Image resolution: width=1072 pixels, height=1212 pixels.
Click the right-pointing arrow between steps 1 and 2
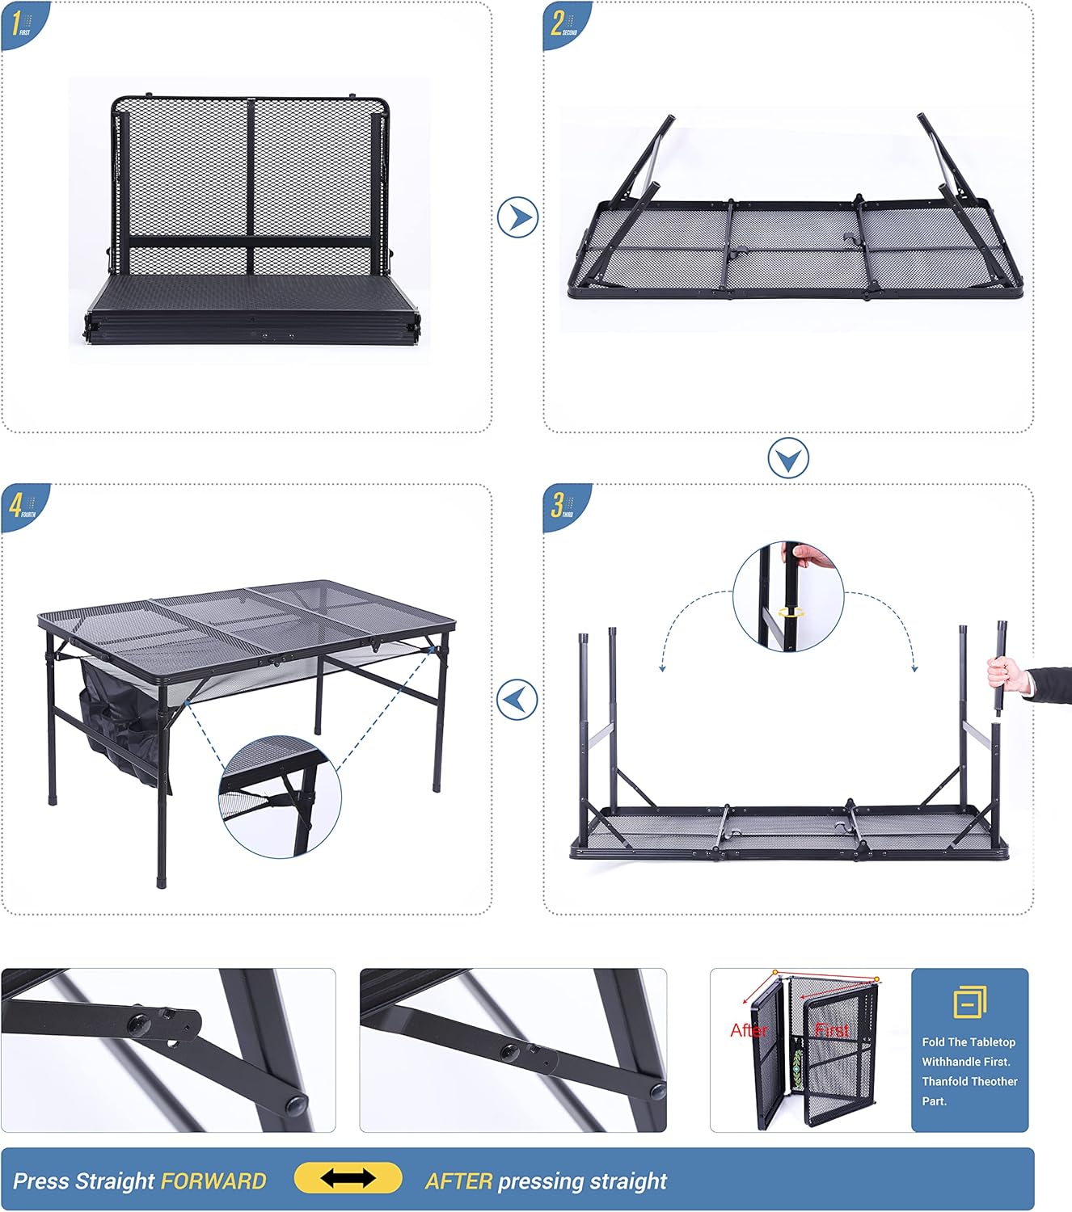[x=517, y=217]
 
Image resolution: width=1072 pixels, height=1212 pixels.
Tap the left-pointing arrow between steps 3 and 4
[x=517, y=700]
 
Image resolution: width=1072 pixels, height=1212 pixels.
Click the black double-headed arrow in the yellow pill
[x=348, y=1178]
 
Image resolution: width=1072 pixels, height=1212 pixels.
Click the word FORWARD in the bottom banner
[x=213, y=1181]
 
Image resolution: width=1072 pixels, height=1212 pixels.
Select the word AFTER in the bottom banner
[x=458, y=1181]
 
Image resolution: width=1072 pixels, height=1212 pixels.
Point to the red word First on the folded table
[x=833, y=1030]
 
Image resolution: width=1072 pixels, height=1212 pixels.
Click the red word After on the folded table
[x=749, y=1030]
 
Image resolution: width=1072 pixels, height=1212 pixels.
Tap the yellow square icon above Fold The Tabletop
[x=969, y=1002]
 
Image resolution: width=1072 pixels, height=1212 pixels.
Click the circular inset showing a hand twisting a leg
[x=788, y=596]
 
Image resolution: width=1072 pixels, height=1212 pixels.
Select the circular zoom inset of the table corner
[x=280, y=796]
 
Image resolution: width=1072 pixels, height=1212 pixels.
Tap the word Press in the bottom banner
[x=41, y=1181]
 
